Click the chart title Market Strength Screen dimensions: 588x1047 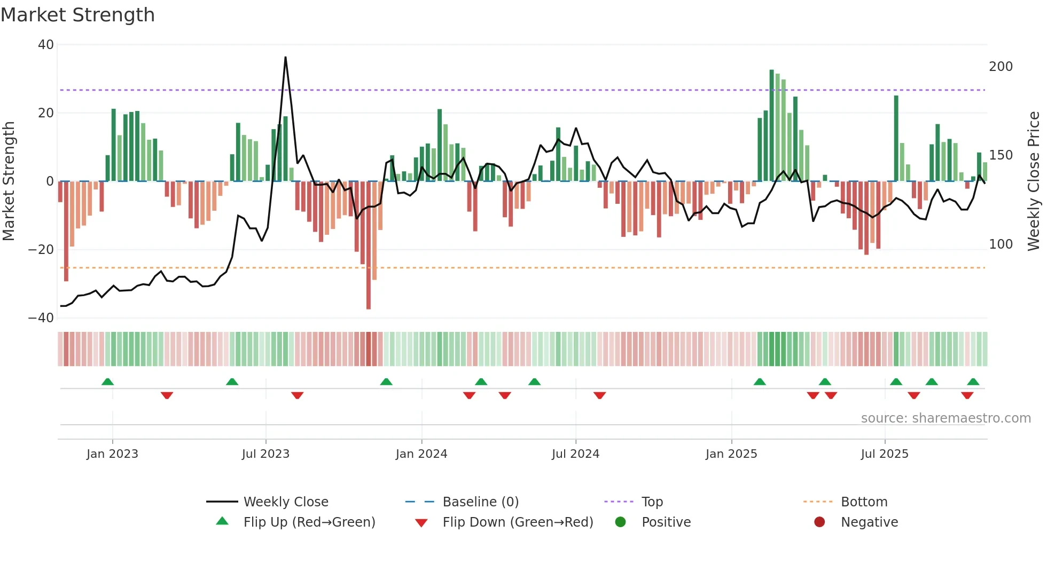pos(77,15)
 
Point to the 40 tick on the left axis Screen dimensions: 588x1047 pos(46,45)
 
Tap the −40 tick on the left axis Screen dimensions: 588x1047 pos(41,318)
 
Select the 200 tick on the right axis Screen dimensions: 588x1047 pos(1001,67)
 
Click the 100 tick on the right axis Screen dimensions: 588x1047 pos(1001,244)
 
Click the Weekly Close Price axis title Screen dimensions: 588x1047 pos(1034,181)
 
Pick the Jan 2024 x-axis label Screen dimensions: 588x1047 pos(421,454)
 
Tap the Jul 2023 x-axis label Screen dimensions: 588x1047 pos(265,454)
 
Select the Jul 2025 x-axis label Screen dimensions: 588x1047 pos(884,454)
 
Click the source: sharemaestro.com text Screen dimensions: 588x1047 pos(946,418)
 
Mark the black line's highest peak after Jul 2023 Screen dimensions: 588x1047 pos(285,58)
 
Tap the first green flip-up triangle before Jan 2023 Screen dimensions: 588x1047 pos(107,382)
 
